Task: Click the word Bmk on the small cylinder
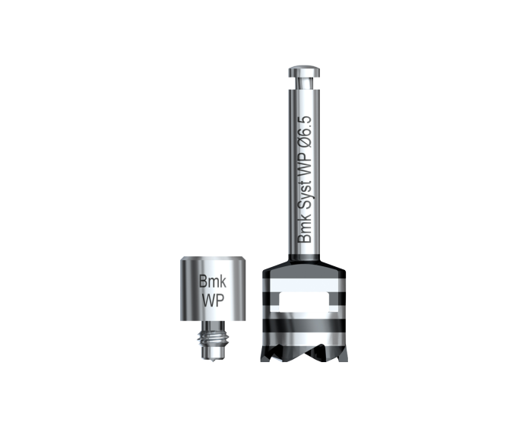(x=213, y=281)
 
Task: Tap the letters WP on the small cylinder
(x=213, y=300)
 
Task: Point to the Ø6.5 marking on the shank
(x=304, y=132)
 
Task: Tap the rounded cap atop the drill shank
(x=304, y=71)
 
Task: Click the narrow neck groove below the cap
(x=304, y=83)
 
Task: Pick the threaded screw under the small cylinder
(x=213, y=340)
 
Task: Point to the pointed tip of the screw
(x=213, y=361)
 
